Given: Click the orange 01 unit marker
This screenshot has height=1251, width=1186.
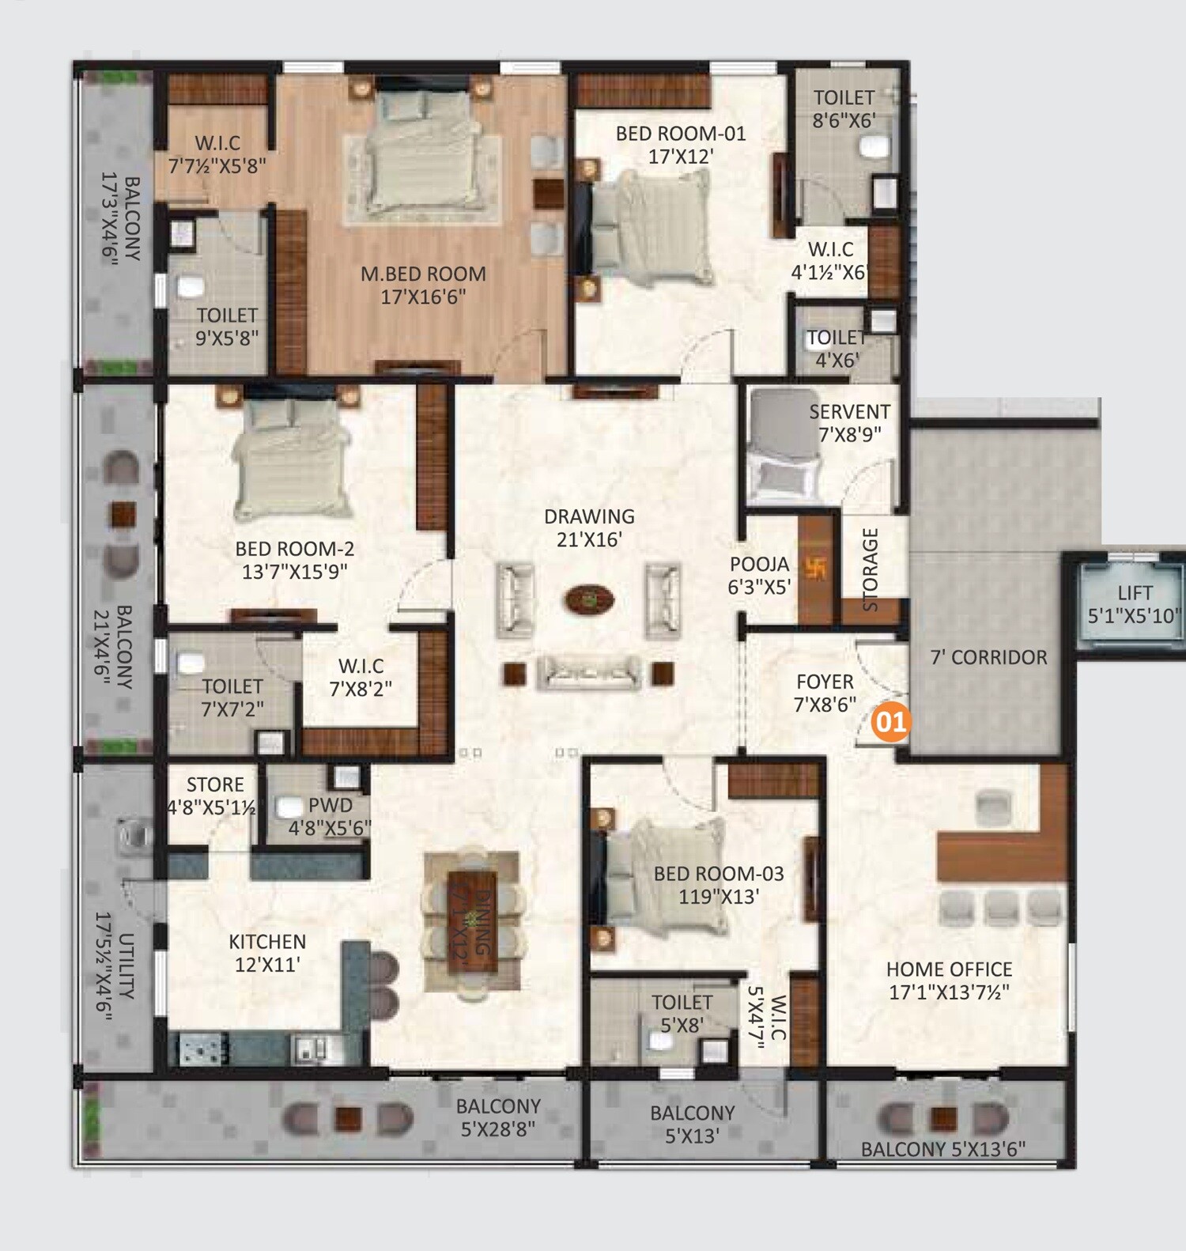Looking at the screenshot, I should click(890, 722).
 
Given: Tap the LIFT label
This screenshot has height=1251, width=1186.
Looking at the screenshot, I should click(1135, 593).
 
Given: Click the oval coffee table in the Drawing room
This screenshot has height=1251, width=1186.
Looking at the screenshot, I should click(589, 600).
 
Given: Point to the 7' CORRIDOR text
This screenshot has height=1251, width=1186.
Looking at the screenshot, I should click(988, 657).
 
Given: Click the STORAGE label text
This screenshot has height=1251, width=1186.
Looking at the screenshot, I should click(871, 569).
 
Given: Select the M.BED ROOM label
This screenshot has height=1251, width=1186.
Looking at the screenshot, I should click(423, 274).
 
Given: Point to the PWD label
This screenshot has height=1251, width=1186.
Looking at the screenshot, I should click(330, 806).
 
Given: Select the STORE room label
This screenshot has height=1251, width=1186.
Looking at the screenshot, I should click(214, 785).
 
